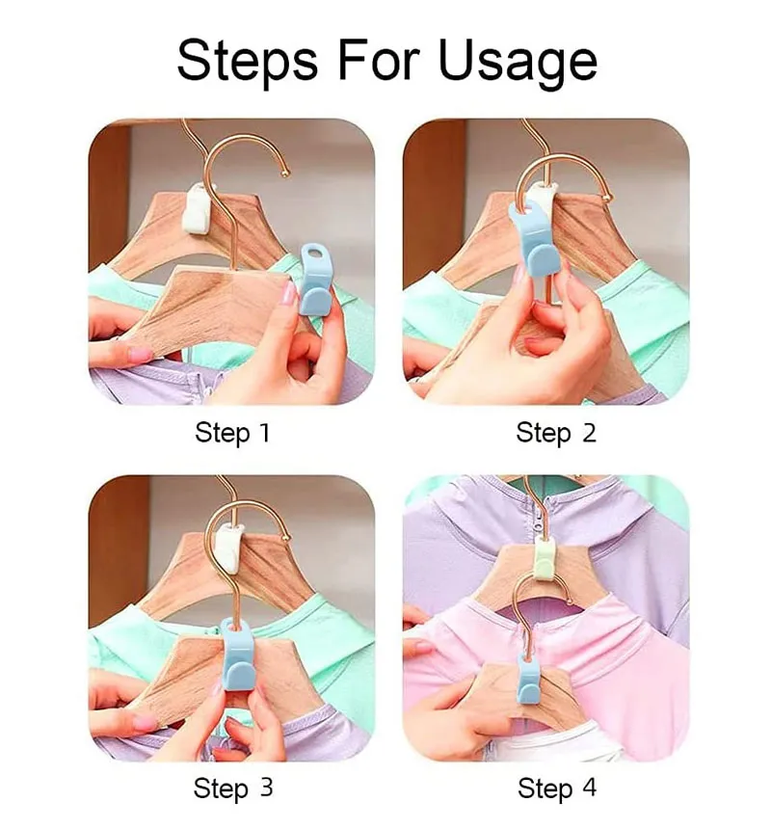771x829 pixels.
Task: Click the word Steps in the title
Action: click(x=248, y=61)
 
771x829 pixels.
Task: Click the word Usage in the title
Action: click(x=518, y=62)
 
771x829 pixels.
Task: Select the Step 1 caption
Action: click(x=232, y=433)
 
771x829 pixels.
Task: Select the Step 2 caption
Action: click(x=556, y=433)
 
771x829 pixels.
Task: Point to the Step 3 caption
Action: click(x=233, y=789)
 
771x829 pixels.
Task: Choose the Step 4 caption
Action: click(x=557, y=789)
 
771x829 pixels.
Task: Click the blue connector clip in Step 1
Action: click(x=314, y=279)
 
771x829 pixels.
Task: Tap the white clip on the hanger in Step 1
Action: click(x=199, y=209)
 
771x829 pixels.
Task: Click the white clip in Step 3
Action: click(x=229, y=551)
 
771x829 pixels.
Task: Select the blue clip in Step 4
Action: click(x=526, y=679)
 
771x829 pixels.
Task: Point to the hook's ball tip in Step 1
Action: click(x=286, y=173)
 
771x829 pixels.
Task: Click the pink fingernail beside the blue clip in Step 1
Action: click(x=289, y=292)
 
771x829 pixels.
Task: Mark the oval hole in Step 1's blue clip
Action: click(x=316, y=249)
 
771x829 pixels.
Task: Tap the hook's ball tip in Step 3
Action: click(x=287, y=538)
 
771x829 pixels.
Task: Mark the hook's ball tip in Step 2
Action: click(x=608, y=199)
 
